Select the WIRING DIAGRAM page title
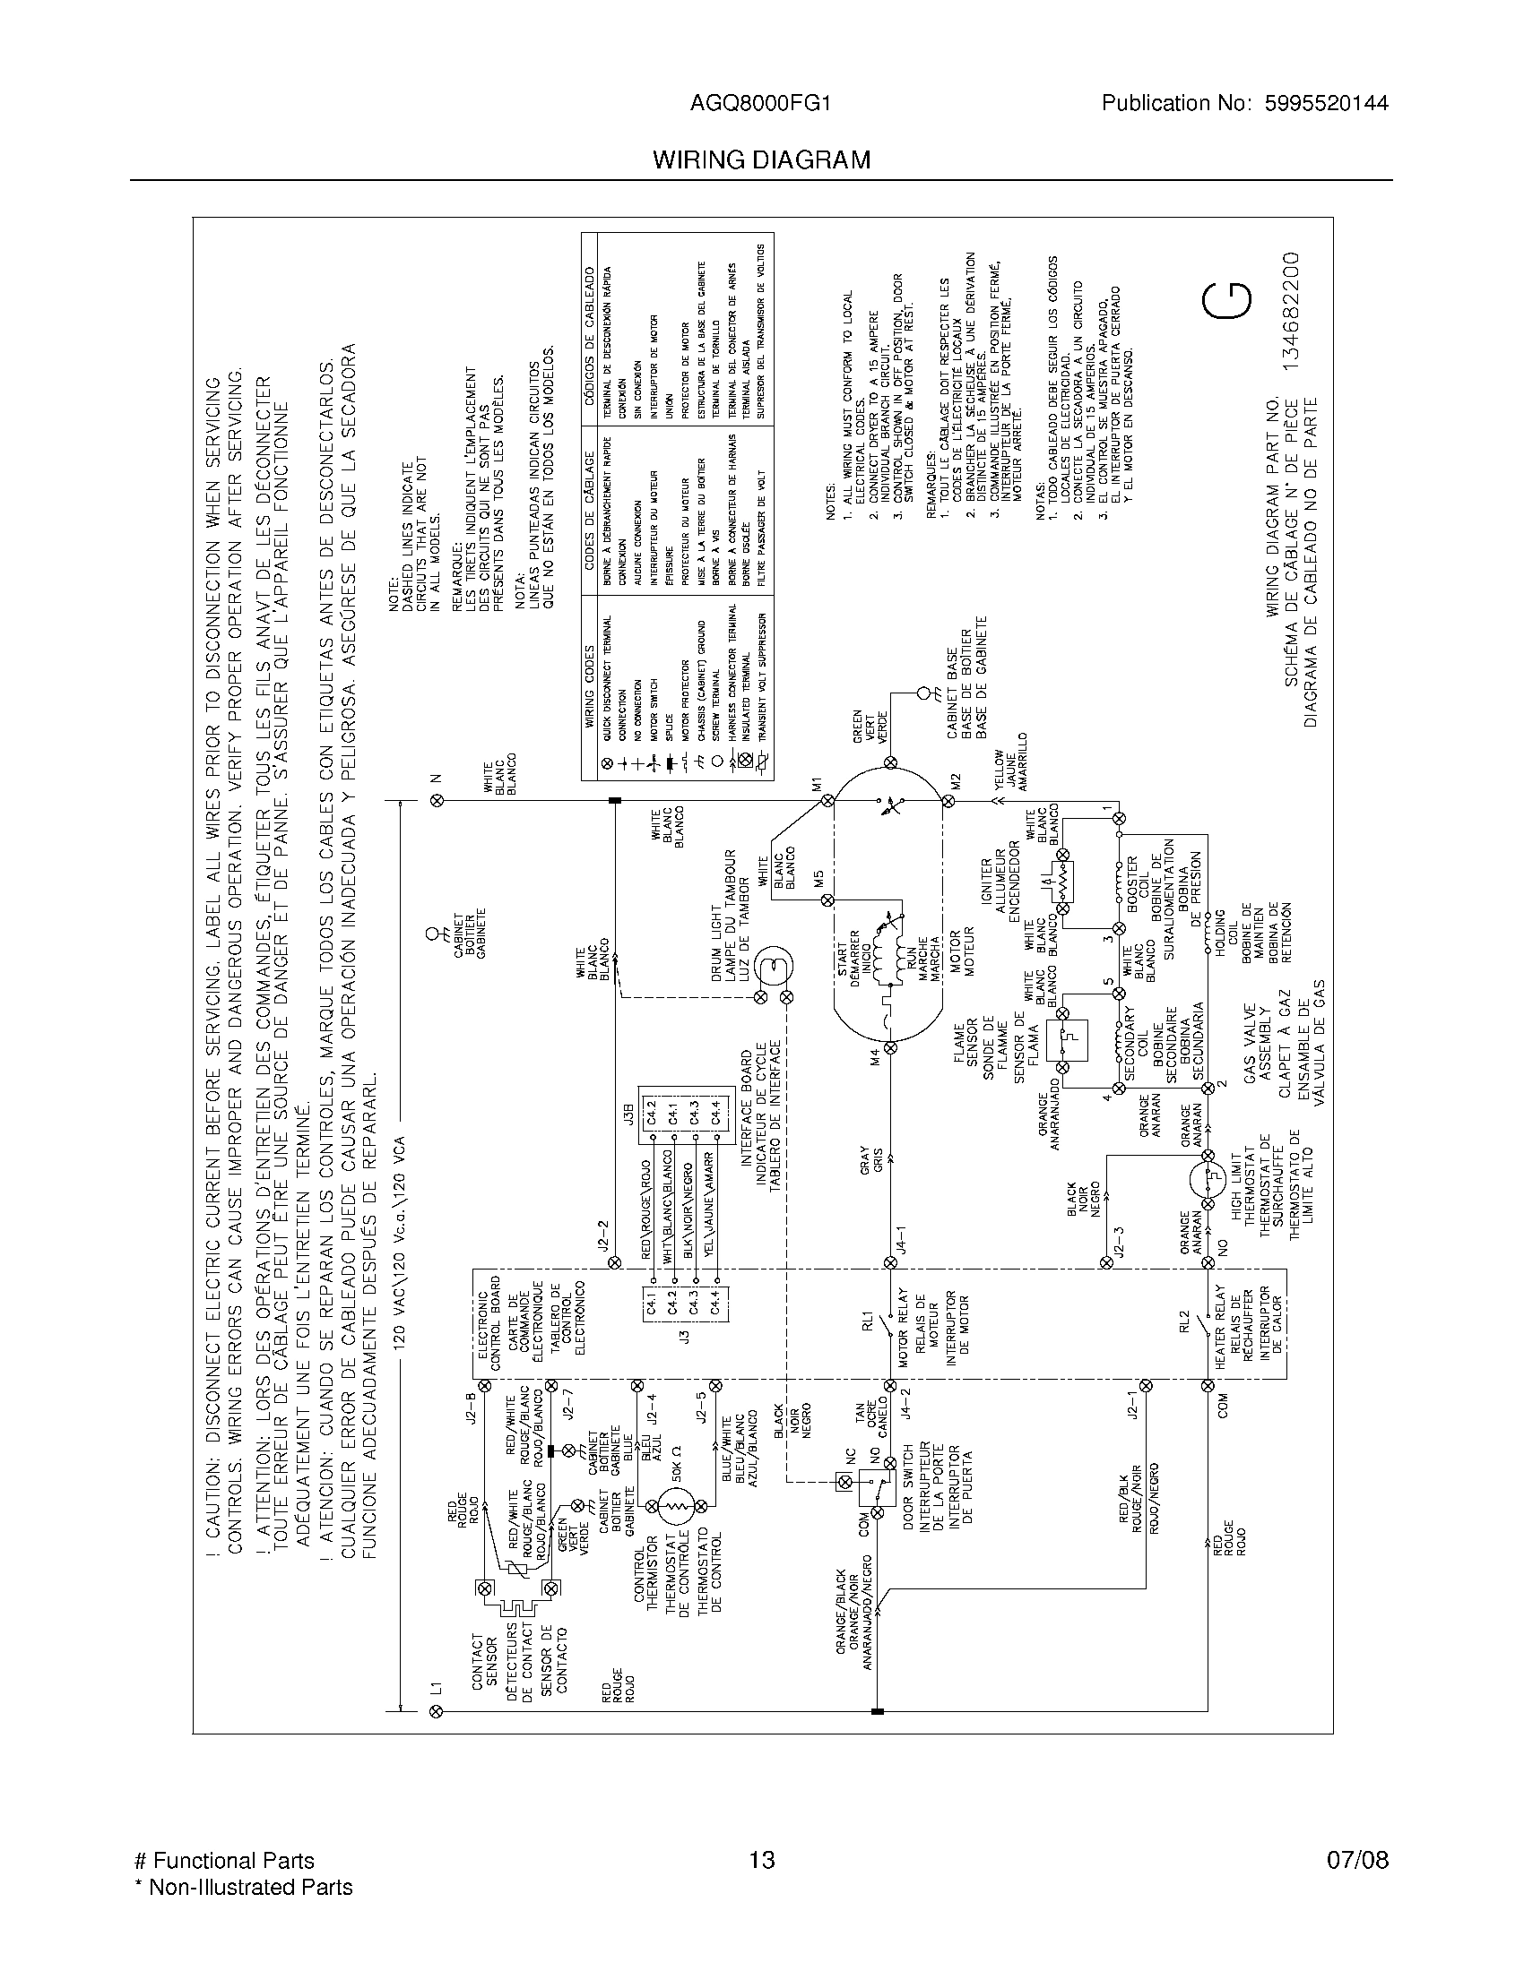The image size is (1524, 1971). click(762, 160)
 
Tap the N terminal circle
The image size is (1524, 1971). click(437, 800)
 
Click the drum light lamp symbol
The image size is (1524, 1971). click(773, 967)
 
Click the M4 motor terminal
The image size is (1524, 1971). click(889, 1048)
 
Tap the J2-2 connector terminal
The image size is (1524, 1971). click(615, 1262)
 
